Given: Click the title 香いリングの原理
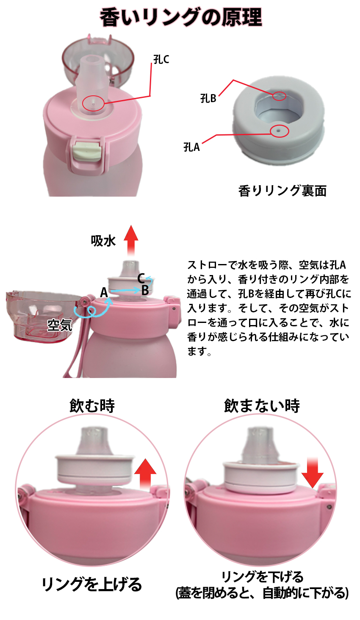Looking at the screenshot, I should coord(181,18).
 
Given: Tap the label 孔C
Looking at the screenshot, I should coord(161,60).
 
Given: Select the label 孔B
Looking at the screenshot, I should coord(208,98).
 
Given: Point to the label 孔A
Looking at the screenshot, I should coord(191,147).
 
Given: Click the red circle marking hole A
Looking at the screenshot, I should coord(279,131).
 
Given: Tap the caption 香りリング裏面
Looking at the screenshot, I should coord(282,191).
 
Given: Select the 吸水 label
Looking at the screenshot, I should coord(103,241).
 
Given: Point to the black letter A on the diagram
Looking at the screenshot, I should coord(104,292).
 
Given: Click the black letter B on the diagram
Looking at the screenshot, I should coord(145,290).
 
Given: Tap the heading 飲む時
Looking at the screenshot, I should coord(92,406).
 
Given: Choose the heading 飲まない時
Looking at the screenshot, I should coord(262,406).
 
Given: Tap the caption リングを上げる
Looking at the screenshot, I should coord(91,584).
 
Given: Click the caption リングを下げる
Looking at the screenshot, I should coord(262,577).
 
